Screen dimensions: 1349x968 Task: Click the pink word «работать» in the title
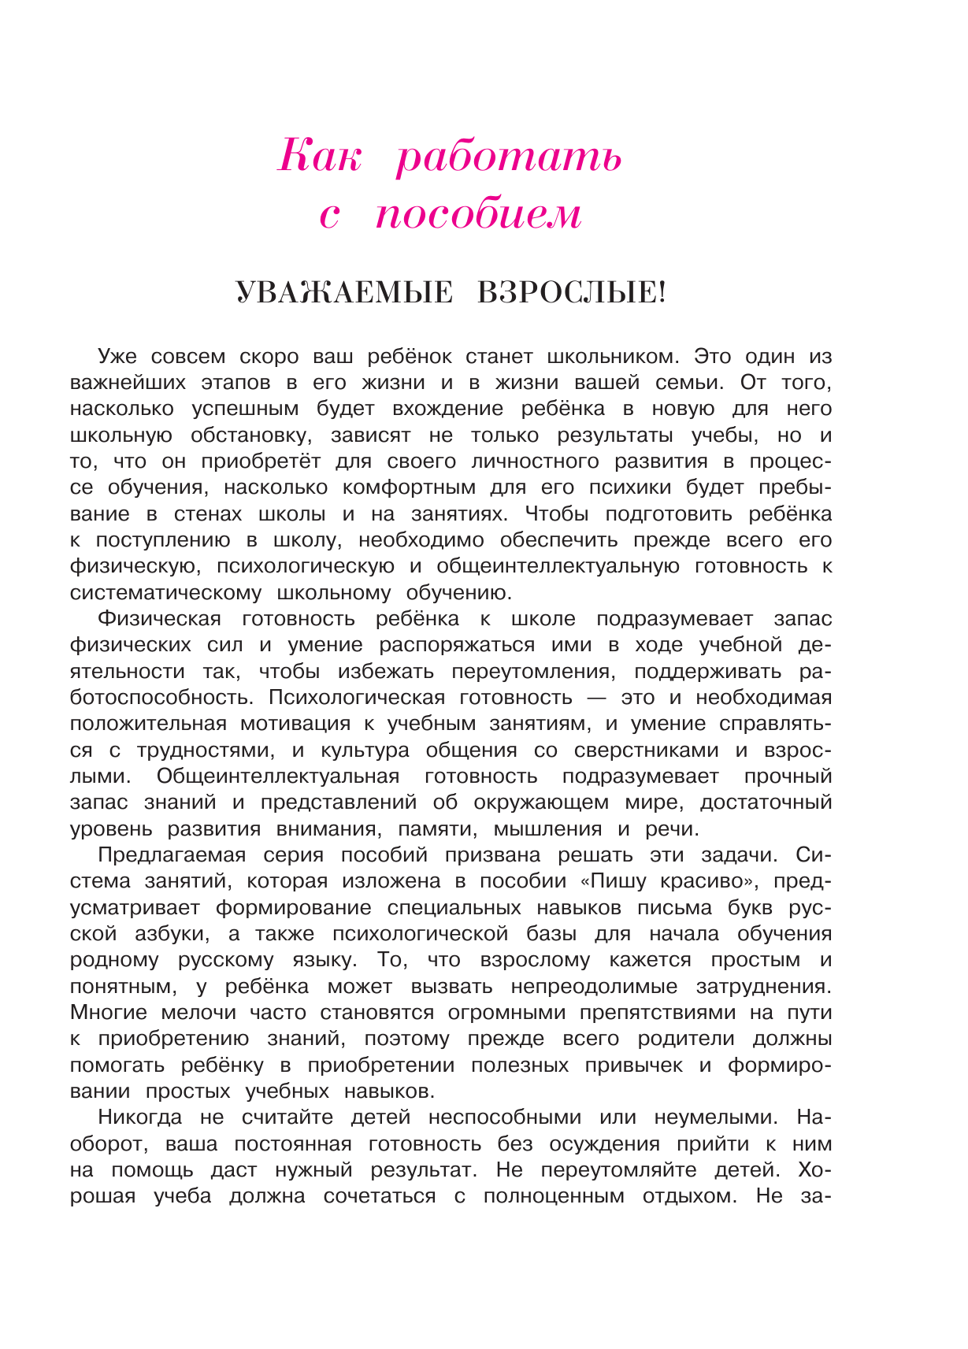coord(509,157)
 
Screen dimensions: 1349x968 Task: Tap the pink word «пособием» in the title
coord(479,214)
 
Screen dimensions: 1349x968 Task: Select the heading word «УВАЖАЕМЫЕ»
coord(345,293)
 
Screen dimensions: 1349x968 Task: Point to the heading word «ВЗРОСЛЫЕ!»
coord(572,293)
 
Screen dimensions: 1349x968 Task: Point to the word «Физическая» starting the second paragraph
coord(160,619)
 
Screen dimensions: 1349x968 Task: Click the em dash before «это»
coord(596,698)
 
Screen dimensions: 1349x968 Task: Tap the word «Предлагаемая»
coord(172,855)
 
